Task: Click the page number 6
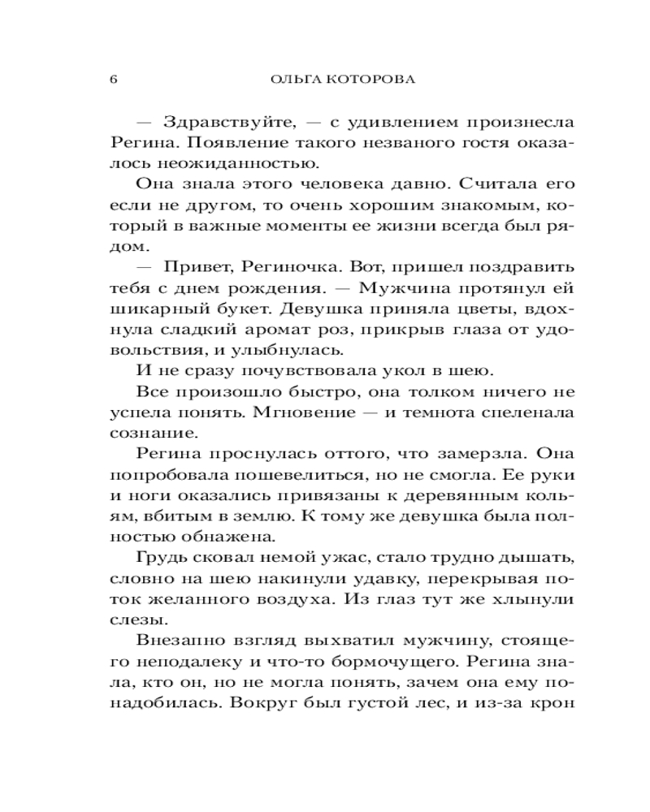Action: tap(113, 80)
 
